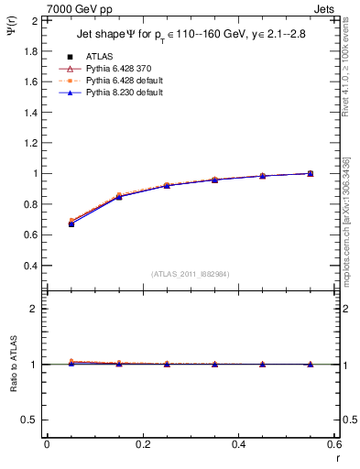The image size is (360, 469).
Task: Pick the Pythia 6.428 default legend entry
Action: tap(117, 82)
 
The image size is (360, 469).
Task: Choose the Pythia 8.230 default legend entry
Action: tap(117, 93)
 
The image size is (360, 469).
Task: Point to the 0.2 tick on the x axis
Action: tap(142, 444)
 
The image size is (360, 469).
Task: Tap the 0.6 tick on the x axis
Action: tap(333, 444)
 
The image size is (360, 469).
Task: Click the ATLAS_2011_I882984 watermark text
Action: tap(191, 274)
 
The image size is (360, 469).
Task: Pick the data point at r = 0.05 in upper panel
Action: tap(71, 224)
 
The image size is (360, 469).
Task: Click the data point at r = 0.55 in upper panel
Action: tap(311, 173)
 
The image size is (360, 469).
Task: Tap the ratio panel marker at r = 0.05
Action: tap(71, 363)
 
